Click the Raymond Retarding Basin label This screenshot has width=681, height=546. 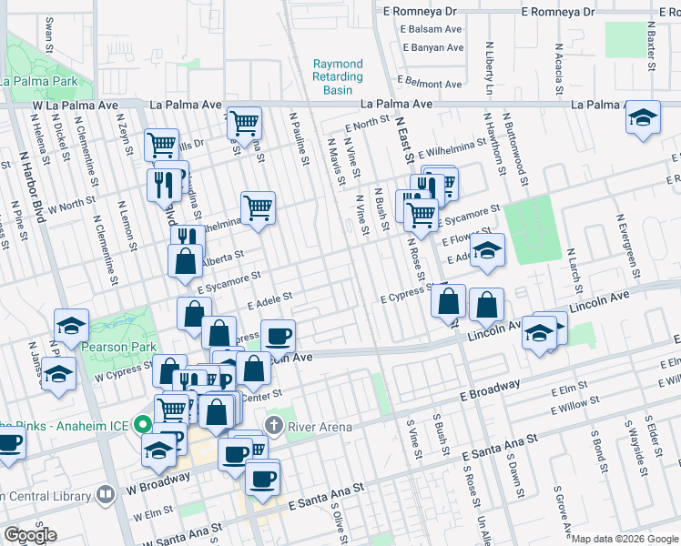point(338,77)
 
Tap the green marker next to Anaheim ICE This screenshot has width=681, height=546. point(142,424)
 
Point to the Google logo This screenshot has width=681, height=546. point(30,536)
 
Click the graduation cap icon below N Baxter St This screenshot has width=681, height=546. point(643,117)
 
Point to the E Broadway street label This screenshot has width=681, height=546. point(490,389)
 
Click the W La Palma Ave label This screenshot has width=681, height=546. point(77,106)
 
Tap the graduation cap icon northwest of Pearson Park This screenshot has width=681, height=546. point(71,324)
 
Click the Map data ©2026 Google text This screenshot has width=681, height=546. point(625,539)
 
